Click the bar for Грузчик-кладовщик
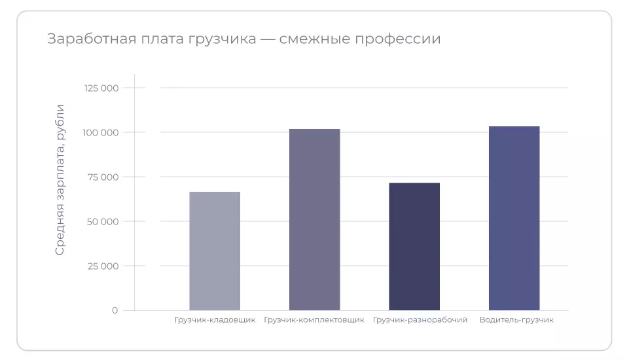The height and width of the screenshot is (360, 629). pyautogui.click(x=215, y=251)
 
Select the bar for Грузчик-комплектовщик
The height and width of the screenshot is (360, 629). pyautogui.click(x=314, y=219)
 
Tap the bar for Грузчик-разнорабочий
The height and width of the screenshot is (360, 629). pyautogui.click(x=414, y=246)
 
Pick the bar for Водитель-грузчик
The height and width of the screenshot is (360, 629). pyautogui.click(x=514, y=218)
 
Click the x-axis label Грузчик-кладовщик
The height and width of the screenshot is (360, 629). pyautogui.click(x=215, y=320)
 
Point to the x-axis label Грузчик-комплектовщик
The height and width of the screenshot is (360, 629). pyautogui.click(x=314, y=320)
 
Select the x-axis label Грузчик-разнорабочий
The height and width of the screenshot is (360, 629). pyautogui.click(x=420, y=320)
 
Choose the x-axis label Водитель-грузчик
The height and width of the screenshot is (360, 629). pyautogui.click(x=516, y=320)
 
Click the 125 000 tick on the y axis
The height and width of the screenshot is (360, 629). pyautogui.click(x=101, y=88)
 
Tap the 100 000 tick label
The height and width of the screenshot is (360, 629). pyautogui.click(x=101, y=132)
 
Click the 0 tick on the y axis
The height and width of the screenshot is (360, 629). pyautogui.click(x=115, y=310)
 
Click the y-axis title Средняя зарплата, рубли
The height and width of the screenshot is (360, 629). pyautogui.click(x=60, y=179)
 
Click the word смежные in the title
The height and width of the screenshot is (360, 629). pyautogui.click(x=312, y=39)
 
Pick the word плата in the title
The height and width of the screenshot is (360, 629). pyautogui.click(x=156, y=39)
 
